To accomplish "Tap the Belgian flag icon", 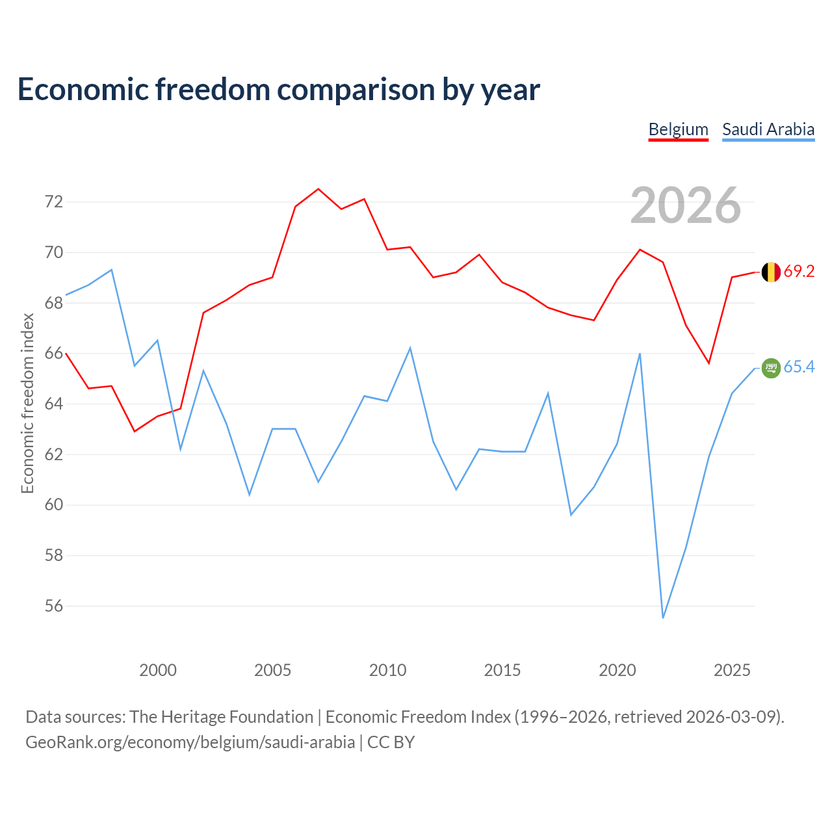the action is pyautogui.click(x=771, y=272).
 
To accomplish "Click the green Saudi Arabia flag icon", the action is pyautogui.click(x=771, y=368).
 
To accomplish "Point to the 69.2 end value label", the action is pyautogui.click(x=799, y=271).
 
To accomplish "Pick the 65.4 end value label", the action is pyautogui.click(x=799, y=367).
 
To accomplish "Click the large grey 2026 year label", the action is pyautogui.click(x=686, y=205).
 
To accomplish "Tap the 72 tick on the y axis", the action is pyautogui.click(x=54, y=201).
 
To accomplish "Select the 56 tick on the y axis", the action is pyautogui.click(x=54, y=606).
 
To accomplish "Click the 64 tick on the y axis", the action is pyautogui.click(x=54, y=404).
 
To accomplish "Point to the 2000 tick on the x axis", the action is pyautogui.click(x=157, y=670).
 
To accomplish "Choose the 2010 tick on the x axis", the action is pyautogui.click(x=387, y=670).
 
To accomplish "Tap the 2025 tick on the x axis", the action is pyautogui.click(x=732, y=670).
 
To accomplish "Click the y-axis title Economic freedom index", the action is pyautogui.click(x=27, y=403).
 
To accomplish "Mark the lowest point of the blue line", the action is pyautogui.click(x=663, y=618).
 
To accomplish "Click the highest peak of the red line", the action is pyautogui.click(x=318, y=188).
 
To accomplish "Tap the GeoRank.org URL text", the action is pyautogui.click(x=190, y=743).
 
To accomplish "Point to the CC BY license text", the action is pyautogui.click(x=391, y=743).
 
